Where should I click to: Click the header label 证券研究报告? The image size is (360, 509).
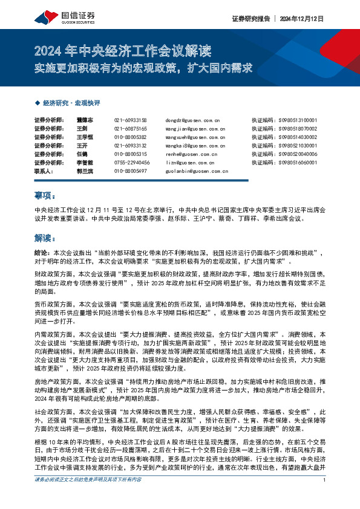tap(250, 19)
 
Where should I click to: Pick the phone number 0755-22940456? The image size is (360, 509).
tap(131, 163)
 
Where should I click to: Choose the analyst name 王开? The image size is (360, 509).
tap(82, 146)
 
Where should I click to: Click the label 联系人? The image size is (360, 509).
tap(44, 172)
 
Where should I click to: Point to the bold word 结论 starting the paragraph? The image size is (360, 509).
tap(42, 251)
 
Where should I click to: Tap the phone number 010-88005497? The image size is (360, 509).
tap(130, 172)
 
